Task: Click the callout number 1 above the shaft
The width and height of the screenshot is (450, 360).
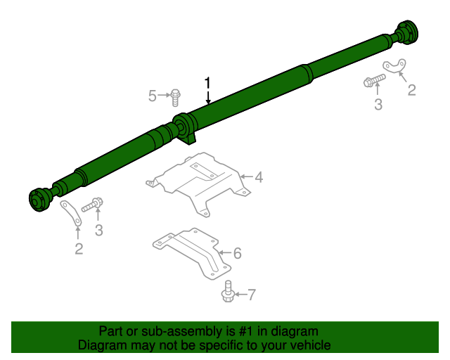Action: (x=207, y=83)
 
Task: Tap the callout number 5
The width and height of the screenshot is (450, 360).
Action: (x=153, y=96)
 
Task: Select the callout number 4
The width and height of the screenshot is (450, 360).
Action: (x=258, y=177)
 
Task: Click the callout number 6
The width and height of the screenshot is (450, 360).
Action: (x=237, y=253)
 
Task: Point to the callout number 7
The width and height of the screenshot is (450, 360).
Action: (x=251, y=295)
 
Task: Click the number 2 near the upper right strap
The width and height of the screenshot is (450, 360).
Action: (x=411, y=90)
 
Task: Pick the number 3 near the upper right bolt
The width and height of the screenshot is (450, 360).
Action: (x=378, y=105)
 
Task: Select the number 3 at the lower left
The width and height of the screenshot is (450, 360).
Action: (x=99, y=229)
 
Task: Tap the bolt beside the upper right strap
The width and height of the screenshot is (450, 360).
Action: (x=373, y=80)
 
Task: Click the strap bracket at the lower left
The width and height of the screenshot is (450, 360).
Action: (x=70, y=213)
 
